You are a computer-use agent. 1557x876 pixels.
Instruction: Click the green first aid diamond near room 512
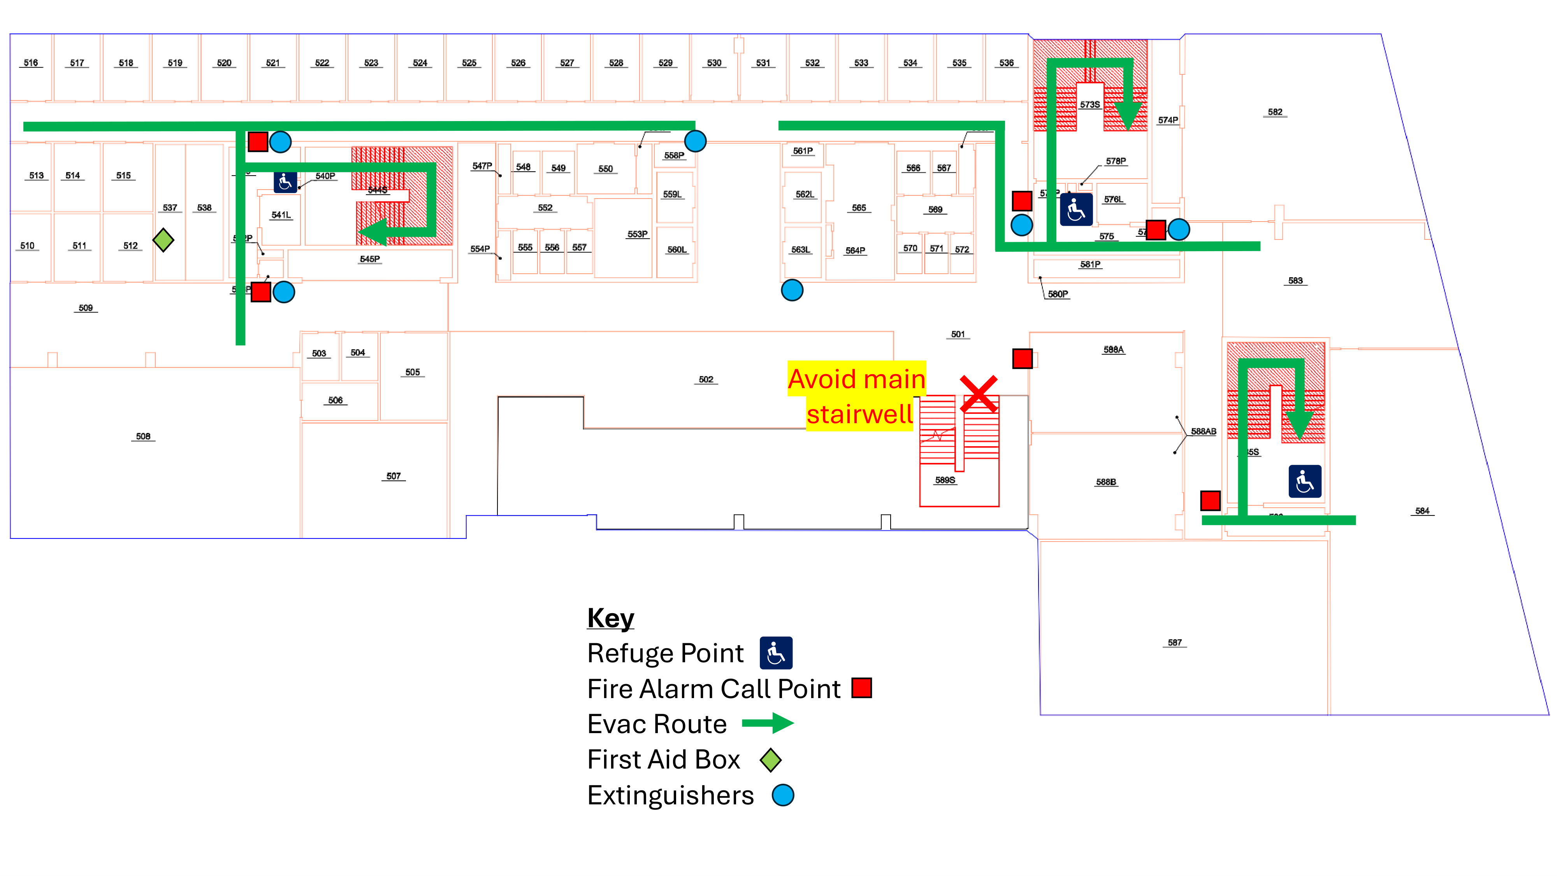163,240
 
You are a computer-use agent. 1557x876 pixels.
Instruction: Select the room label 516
30,63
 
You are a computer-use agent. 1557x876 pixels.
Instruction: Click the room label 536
1006,63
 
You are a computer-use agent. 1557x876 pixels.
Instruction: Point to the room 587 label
1174,643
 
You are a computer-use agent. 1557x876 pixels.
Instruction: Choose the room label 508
143,436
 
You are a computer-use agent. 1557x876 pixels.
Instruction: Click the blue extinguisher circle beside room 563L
792,290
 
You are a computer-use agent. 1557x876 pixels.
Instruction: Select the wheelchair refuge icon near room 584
1304,481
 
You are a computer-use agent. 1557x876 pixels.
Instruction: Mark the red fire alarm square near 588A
1022,359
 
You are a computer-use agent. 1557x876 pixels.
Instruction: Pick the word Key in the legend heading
610,618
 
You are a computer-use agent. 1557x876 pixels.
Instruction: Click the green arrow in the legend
768,723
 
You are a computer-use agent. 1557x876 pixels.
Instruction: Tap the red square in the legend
861,688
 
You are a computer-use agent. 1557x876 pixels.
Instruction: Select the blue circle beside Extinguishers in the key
783,795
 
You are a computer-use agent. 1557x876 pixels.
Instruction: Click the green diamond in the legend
771,760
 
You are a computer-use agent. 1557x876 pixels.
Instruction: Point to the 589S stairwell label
945,480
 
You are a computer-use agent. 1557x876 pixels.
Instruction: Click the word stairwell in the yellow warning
859,415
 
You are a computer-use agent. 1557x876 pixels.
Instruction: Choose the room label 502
706,380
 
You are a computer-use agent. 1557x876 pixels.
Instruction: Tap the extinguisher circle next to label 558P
695,141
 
